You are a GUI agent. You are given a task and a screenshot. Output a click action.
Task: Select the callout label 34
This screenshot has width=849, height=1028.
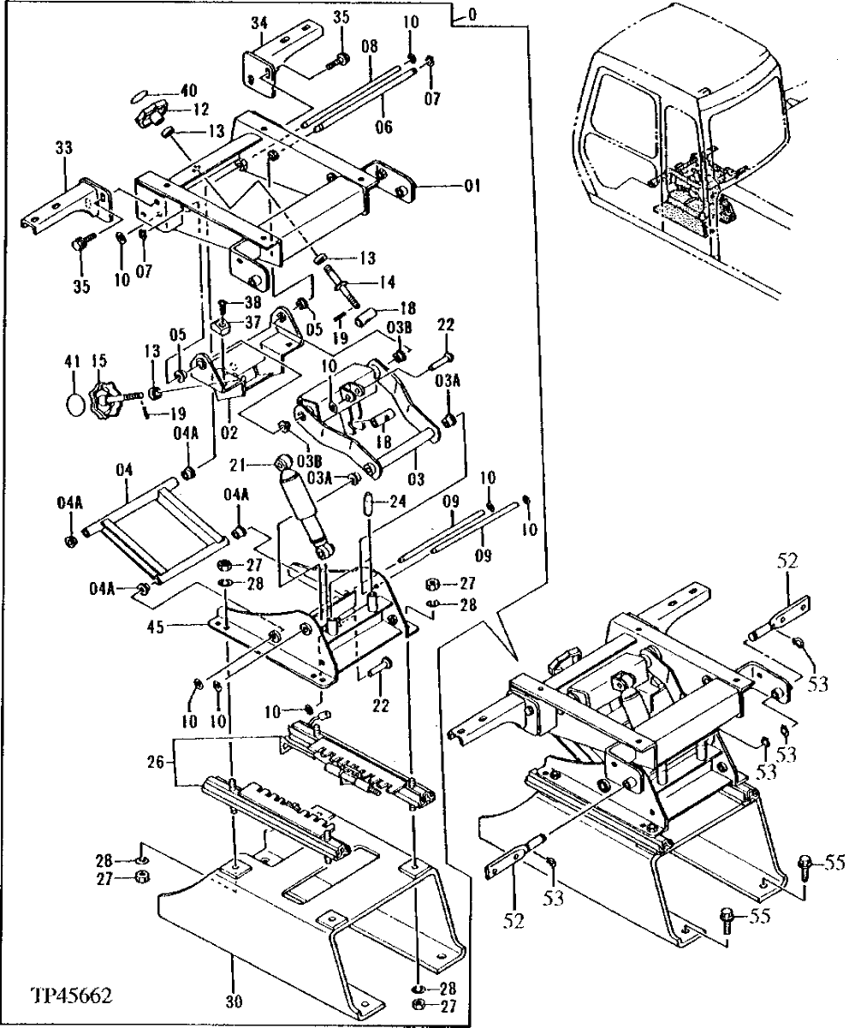click(x=258, y=22)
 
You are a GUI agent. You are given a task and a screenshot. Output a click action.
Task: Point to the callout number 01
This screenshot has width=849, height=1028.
click(x=472, y=185)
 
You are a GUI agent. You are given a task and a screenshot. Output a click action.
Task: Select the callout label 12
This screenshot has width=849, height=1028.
click(x=199, y=109)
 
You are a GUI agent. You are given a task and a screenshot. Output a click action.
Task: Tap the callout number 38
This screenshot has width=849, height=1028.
click(x=252, y=301)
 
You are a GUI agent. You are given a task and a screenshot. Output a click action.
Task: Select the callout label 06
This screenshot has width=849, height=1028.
click(x=383, y=125)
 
